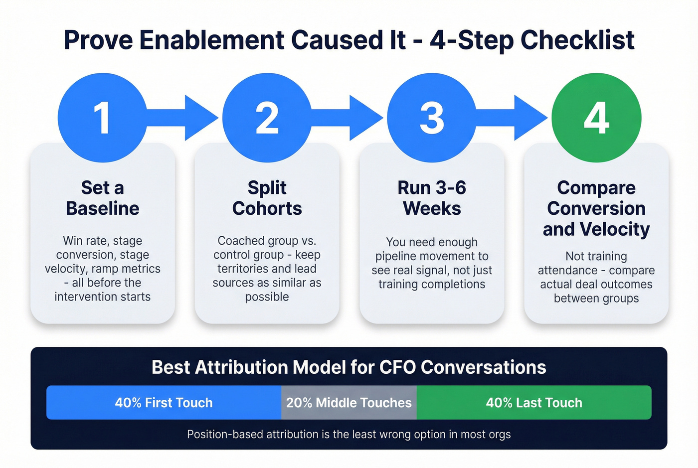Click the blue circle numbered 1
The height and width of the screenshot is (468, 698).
click(102, 118)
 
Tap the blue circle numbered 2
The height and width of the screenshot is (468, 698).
click(267, 118)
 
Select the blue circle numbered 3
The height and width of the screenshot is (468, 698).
click(432, 118)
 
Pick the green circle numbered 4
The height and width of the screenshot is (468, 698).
click(596, 118)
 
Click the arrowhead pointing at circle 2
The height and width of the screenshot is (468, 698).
click(200, 118)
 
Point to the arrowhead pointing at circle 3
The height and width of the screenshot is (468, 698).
click(365, 118)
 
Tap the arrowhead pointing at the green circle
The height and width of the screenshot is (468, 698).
click(529, 118)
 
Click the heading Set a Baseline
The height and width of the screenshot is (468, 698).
click(103, 198)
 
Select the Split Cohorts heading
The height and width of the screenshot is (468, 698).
click(267, 198)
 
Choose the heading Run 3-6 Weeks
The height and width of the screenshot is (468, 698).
click(432, 198)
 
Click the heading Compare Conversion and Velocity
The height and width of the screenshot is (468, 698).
click(596, 208)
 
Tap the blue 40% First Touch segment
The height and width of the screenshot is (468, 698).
click(164, 403)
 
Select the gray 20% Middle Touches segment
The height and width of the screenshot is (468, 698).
click(349, 403)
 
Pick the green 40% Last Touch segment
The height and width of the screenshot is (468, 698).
click(534, 403)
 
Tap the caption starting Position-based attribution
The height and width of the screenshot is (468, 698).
click(349, 434)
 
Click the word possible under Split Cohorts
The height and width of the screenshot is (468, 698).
click(267, 297)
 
